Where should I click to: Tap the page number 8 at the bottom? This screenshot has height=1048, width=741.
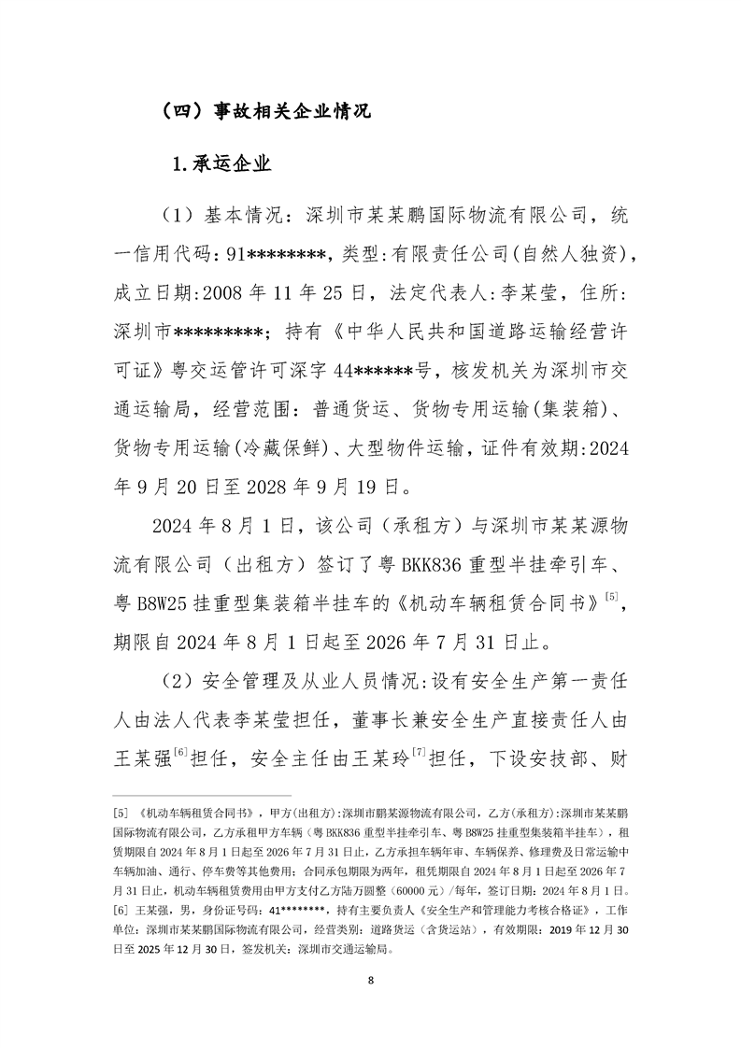click(371, 980)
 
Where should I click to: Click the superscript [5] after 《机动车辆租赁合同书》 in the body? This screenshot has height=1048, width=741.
click(612, 596)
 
